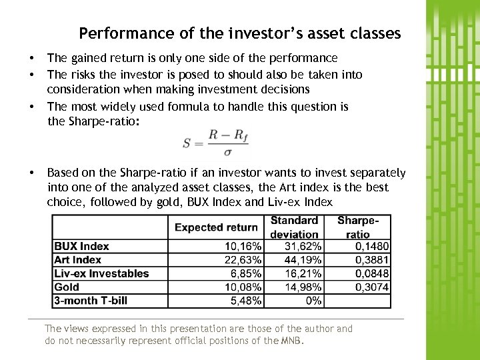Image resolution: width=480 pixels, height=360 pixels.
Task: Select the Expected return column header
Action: [x=216, y=227]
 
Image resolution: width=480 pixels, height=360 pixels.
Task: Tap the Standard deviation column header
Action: [x=294, y=227]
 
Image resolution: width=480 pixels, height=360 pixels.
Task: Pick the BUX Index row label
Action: [x=81, y=246]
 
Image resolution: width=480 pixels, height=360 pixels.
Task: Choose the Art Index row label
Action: [x=78, y=260]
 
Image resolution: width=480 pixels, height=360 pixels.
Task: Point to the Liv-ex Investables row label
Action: [x=101, y=273]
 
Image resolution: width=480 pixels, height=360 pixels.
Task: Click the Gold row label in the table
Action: [x=67, y=287]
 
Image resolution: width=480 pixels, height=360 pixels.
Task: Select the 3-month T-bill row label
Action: [x=91, y=301]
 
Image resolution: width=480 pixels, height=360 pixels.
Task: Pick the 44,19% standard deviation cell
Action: [x=303, y=260]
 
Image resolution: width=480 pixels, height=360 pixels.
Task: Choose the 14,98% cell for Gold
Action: [x=303, y=287]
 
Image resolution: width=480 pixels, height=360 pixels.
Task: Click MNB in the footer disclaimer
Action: [x=291, y=341]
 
